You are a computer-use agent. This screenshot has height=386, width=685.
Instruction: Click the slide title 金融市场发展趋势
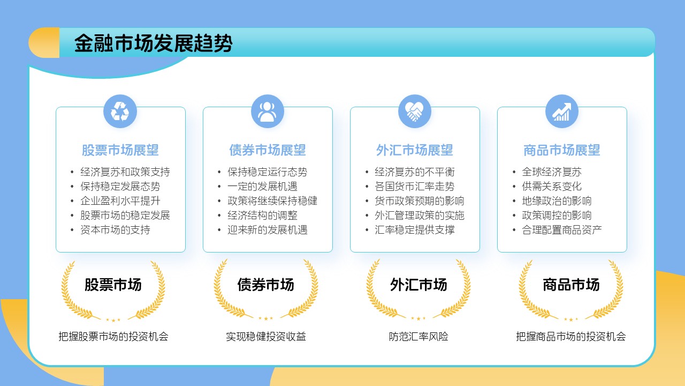(153, 43)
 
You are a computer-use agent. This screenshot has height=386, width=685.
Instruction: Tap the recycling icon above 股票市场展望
(120, 112)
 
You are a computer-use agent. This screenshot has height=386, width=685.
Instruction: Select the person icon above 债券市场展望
(267, 112)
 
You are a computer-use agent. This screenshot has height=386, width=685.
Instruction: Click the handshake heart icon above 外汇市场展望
(414, 112)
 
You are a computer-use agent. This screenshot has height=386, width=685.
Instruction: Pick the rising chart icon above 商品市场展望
(561, 112)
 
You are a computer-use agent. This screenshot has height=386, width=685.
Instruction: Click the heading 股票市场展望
(120, 151)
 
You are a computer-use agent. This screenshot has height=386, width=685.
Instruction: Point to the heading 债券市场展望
(267, 151)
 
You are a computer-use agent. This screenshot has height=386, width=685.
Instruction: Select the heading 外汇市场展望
(414, 151)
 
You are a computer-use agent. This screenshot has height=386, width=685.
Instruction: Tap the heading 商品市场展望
(561, 151)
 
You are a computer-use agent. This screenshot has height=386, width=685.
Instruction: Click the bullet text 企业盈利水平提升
(120, 201)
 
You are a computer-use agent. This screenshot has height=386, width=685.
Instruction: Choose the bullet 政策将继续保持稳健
(272, 201)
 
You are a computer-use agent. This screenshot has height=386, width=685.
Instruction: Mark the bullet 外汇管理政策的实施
(419, 216)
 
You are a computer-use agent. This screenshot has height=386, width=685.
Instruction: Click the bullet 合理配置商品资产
(561, 230)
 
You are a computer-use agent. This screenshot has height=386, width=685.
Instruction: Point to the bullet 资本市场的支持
(115, 230)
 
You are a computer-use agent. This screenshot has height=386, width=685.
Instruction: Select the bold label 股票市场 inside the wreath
(113, 285)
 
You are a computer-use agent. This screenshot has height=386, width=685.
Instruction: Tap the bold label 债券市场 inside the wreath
(265, 285)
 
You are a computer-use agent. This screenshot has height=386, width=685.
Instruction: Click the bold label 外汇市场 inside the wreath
(418, 285)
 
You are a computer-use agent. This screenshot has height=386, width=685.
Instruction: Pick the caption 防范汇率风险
(418, 337)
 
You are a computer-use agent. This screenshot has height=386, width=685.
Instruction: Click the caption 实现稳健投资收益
(265, 337)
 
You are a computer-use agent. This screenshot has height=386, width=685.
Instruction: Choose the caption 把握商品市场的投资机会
(570, 337)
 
